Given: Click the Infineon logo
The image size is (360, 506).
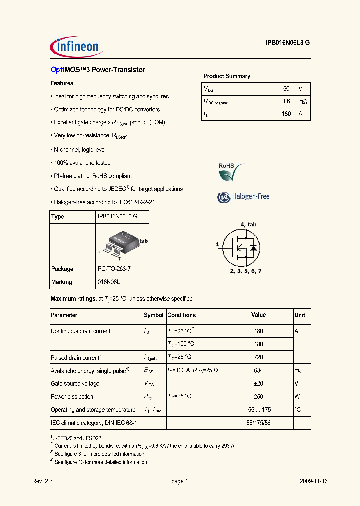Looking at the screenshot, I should [76, 47].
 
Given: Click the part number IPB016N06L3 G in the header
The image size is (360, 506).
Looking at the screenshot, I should [288, 43].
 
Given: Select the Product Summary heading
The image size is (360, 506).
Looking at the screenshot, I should [226, 76].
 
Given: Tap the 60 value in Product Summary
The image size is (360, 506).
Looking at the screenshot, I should [286, 88].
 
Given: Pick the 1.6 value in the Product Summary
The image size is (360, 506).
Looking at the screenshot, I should [286, 101].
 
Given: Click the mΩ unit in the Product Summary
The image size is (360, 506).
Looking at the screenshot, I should [302, 101].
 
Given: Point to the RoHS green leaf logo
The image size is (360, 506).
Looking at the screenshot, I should [230, 172].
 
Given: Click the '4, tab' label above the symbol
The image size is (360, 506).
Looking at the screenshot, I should [248, 224].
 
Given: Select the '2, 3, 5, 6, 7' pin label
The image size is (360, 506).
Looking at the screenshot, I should [245, 270].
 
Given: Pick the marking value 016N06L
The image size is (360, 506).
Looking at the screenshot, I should [109, 282].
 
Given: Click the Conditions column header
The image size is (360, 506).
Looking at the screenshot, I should [181, 315].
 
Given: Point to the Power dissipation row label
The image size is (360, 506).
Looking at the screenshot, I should [72, 397].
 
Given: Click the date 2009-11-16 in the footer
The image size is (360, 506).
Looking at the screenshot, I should [313, 481].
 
